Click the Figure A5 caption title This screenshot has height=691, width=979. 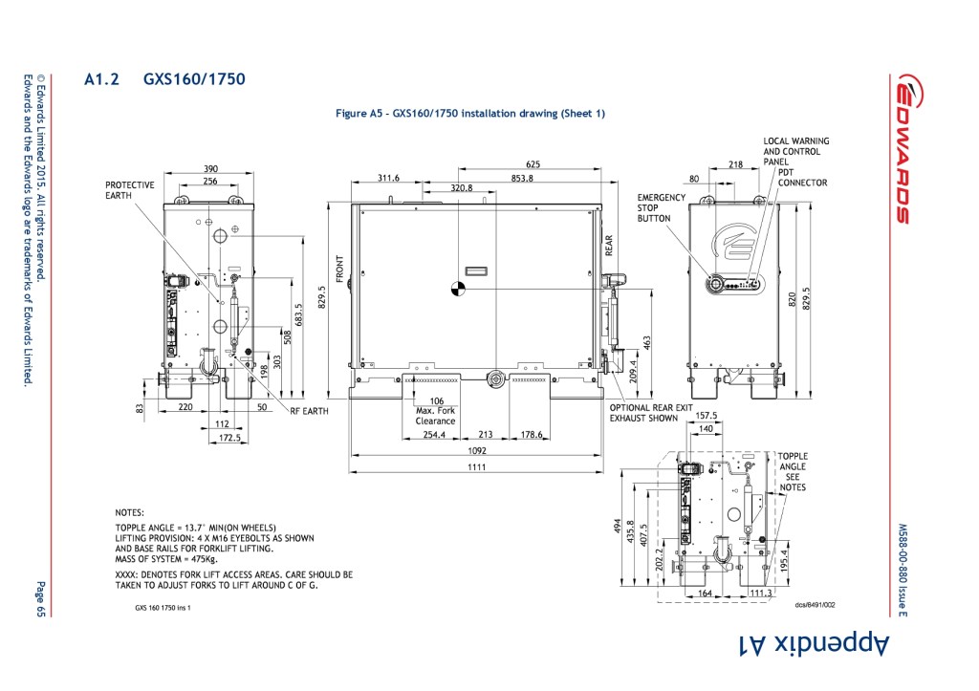coord(470,114)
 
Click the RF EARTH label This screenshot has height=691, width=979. coord(309,411)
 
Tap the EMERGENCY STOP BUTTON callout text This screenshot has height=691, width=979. coord(661,207)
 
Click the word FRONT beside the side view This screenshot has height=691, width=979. coord(340,270)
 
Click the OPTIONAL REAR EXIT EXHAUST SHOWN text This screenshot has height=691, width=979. coord(651,413)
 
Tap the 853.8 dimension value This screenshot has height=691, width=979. coord(522,179)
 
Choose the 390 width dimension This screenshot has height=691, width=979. coord(210,169)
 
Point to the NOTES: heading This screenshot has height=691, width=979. coord(129,513)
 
